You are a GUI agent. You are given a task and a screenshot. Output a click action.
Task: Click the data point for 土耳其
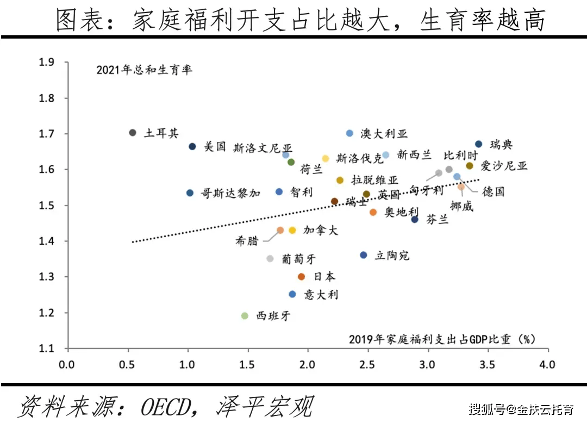pos(133,133)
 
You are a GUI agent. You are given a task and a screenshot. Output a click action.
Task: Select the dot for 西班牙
pos(245,316)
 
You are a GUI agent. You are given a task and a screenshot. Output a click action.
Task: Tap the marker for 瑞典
pos(478,144)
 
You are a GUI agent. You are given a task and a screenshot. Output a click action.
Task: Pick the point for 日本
pos(302,277)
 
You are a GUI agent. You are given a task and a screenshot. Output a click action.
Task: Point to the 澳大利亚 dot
pos(349,133)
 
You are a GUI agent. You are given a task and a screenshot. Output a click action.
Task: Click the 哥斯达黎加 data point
pos(190,193)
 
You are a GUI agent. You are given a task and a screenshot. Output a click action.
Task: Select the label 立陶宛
pos(392,256)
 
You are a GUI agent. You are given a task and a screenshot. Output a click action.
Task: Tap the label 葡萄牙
pos(298,259)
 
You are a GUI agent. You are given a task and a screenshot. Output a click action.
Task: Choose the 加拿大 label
pos(321,231)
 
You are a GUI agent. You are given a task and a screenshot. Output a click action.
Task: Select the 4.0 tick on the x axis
pos(547,364)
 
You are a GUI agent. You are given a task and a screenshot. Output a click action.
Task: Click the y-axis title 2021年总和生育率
pos(144,70)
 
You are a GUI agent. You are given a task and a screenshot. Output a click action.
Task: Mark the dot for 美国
pos(192,146)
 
